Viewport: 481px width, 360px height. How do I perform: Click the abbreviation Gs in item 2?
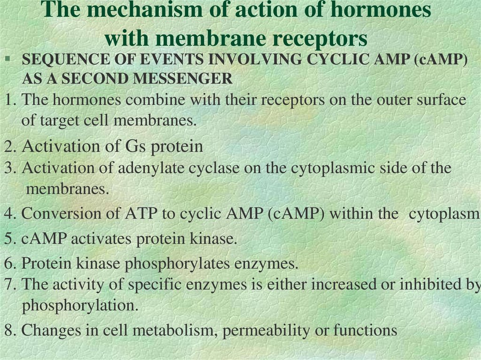(x=135, y=146)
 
